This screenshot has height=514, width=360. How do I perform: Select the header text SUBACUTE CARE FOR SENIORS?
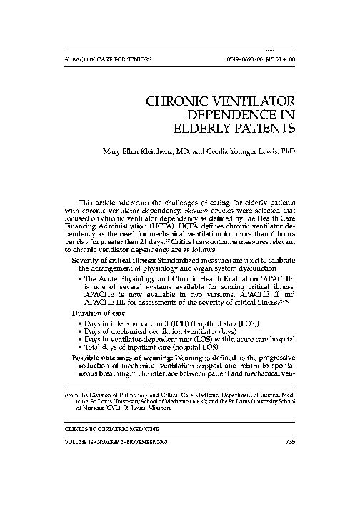(94, 59)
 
